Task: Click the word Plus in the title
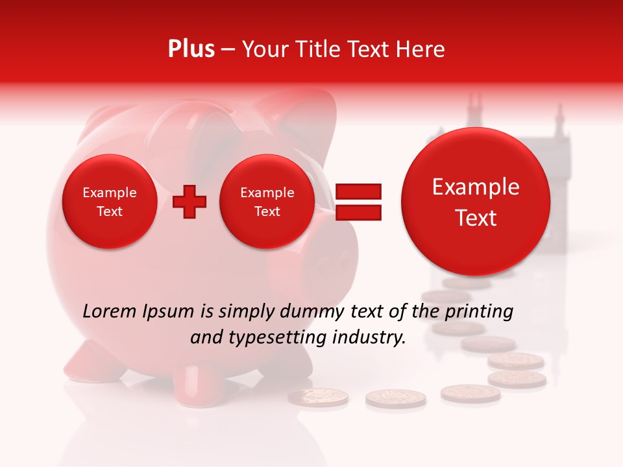pos(191,49)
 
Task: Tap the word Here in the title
pos(421,49)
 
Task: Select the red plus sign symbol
pos(189,202)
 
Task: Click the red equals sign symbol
pos(358,202)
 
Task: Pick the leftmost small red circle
pos(109,202)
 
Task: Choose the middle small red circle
pos(267,202)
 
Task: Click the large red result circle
pos(476,202)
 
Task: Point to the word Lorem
pos(110,311)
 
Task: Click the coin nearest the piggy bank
pos(318,397)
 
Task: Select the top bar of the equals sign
pos(358,191)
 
